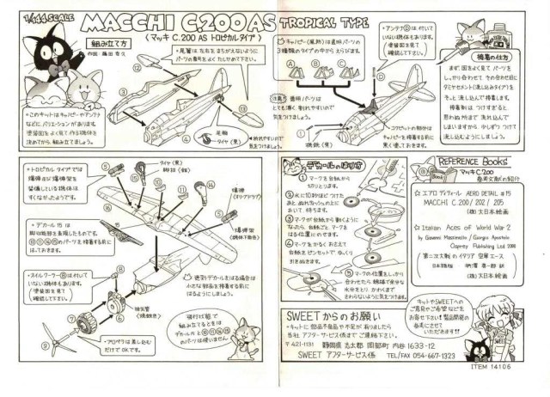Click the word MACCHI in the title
click(x=93, y=18)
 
